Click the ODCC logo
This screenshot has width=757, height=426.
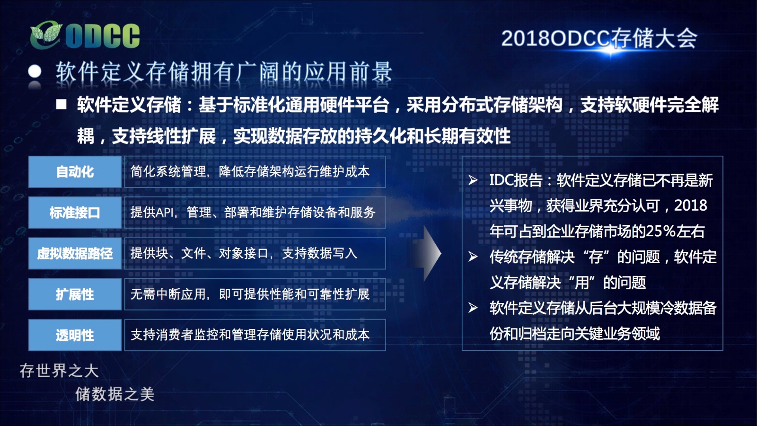click(x=85, y=35)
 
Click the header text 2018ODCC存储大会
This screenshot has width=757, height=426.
click(x=599, y=38)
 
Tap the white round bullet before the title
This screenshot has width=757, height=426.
click(x=35, y=71)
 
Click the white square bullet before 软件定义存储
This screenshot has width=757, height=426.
click(x=61, y=104)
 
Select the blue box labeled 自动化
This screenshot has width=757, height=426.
click(x=75, y=172)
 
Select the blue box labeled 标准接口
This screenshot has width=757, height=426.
click(x=75, y=213)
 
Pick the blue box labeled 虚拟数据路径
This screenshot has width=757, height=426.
click(x=75, y=254)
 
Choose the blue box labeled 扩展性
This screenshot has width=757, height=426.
click(x=75, y=294)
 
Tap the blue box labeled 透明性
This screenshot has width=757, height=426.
click(x=75, y=335)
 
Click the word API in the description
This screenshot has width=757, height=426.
click(x=164, y=213)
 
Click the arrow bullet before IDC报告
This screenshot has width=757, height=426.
click(x=473, y=180)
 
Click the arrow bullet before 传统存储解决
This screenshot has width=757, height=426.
click(x=473, y=257)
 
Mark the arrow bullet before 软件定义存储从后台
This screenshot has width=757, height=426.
click(x=473, y=308)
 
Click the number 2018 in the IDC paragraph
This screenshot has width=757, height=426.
click(x=690, y=205)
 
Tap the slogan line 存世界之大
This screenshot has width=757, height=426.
click(x=59, y=371)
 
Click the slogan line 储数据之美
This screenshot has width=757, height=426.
click(x=115, y=394)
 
